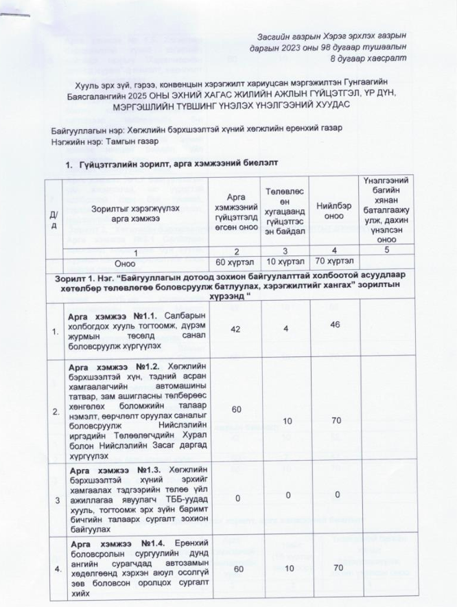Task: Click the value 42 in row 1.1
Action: click(235, 330)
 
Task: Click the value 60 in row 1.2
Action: click(235, 409)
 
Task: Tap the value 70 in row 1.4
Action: click(333, 569)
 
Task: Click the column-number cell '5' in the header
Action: click(387, 250)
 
